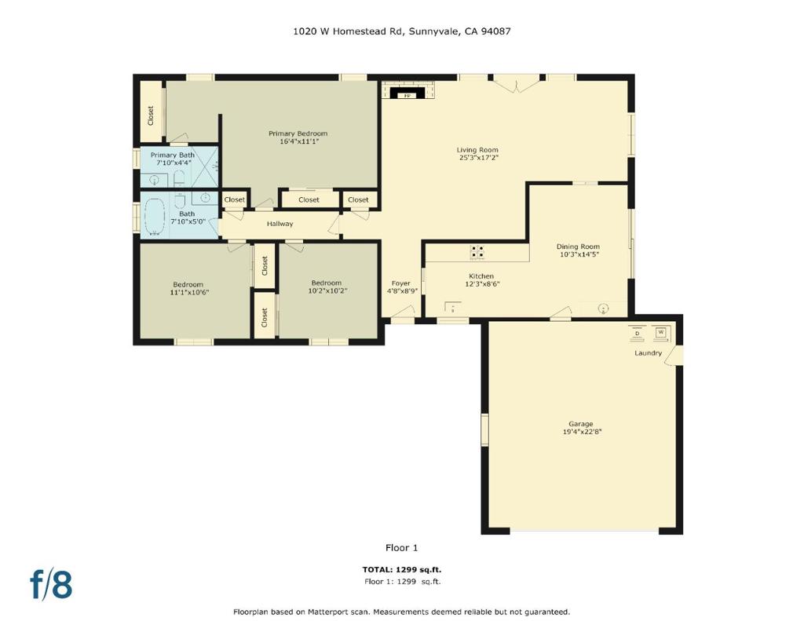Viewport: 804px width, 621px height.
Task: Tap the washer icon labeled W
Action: point(660,333)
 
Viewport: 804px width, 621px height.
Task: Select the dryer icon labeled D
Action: point(638,334)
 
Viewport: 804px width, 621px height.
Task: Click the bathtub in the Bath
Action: point(155,217)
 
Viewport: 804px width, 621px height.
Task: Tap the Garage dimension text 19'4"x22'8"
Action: point(582,432)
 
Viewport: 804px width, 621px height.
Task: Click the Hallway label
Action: point(280,224)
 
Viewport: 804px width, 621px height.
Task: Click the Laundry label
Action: point(648,353)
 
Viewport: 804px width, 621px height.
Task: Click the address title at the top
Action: point(401,31)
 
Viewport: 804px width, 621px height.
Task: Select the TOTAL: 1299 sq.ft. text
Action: point(401,569)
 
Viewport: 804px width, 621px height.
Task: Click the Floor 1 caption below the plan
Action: point(401,548)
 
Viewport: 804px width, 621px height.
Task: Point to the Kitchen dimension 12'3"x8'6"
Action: point(482,283)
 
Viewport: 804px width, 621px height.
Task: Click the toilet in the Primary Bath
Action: point(178,178)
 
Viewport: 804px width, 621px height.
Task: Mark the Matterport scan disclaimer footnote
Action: point(401,612)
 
